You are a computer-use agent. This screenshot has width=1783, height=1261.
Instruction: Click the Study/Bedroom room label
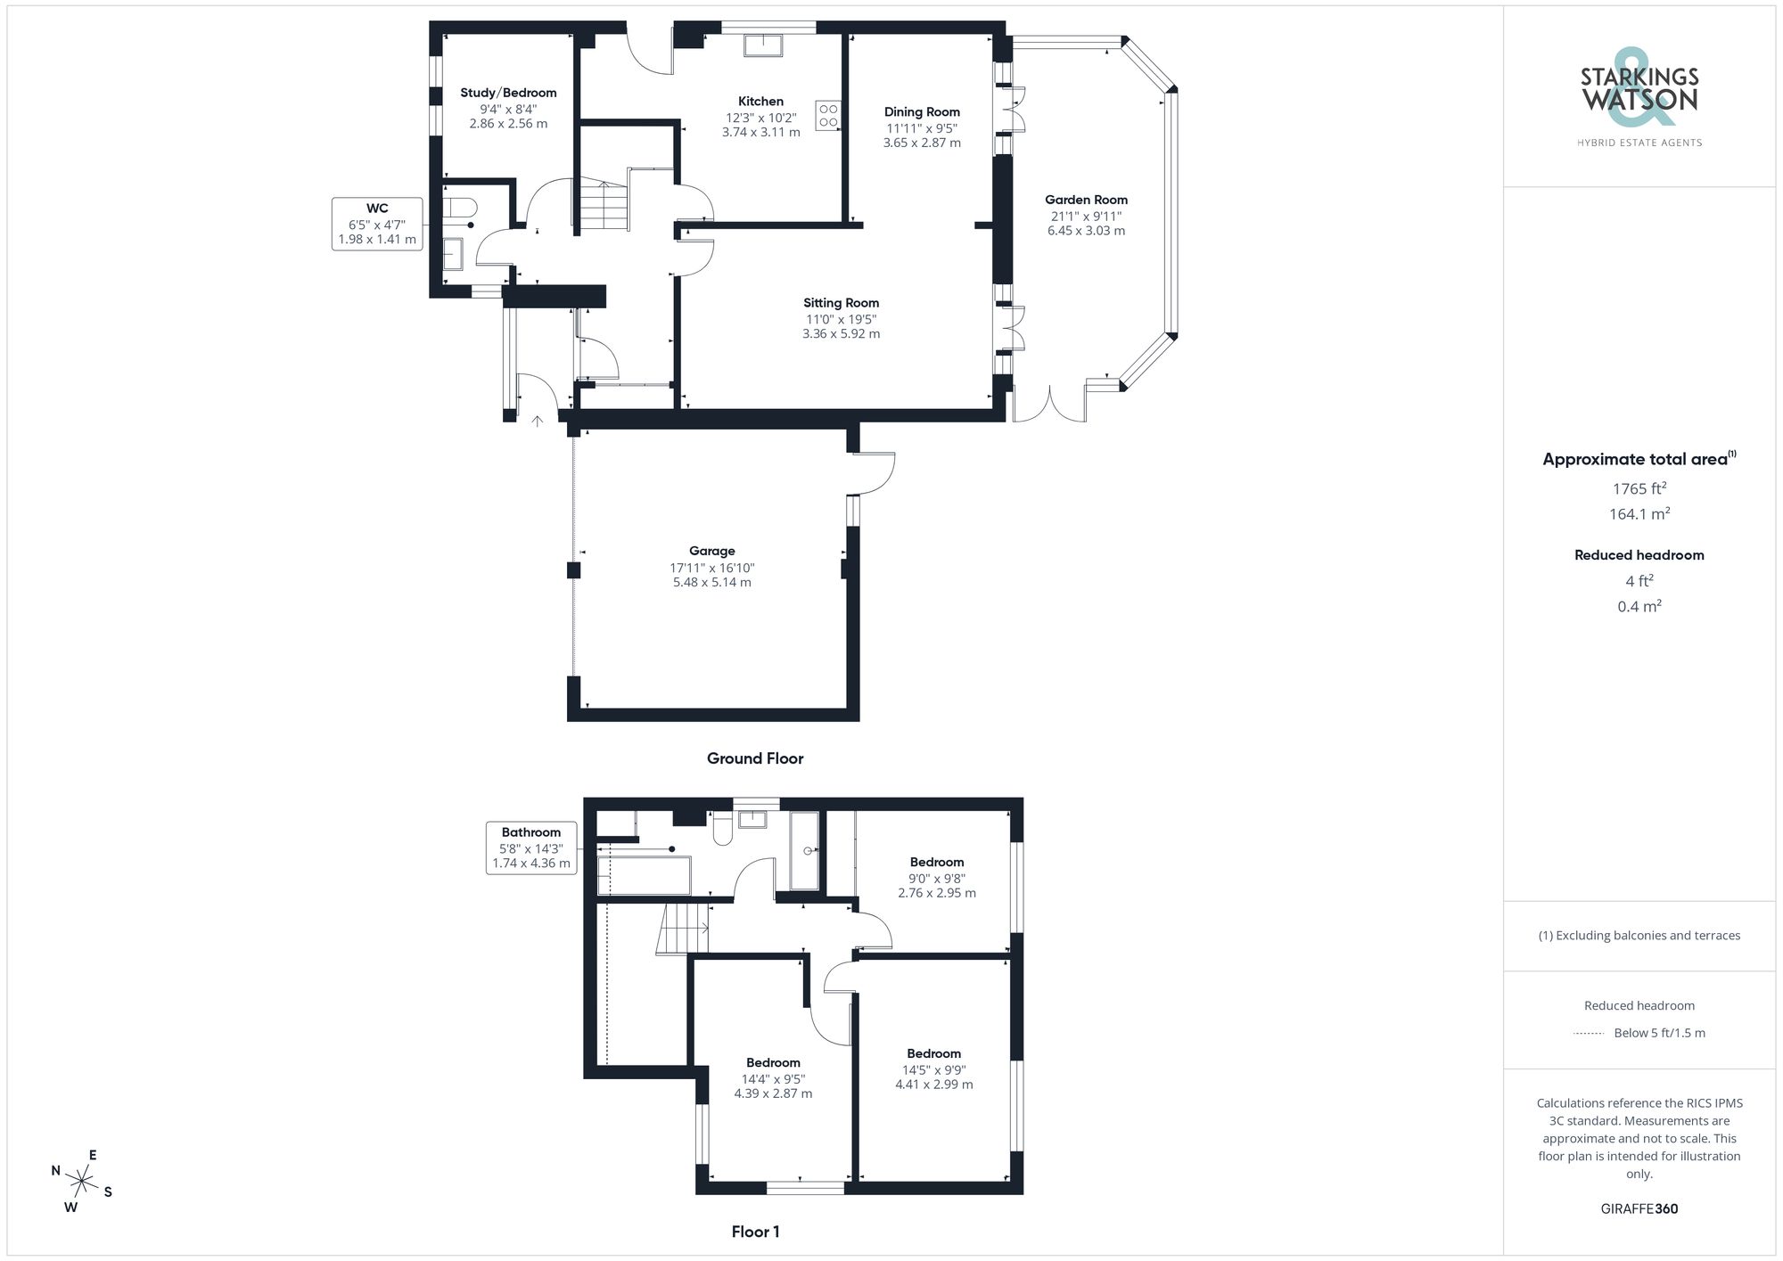tap(508, 93)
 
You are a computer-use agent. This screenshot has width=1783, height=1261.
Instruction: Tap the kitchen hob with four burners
tap(828, 116)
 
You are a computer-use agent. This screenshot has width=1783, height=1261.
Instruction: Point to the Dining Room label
tap(922, 112)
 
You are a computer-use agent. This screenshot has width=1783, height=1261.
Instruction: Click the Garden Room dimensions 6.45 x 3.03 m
tap(1086, 231)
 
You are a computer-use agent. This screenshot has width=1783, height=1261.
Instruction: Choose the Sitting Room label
tap(841, 303)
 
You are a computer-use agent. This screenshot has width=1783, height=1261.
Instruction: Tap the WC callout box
tap(377, 224)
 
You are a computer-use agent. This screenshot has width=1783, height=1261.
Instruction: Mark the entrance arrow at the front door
tap(538, 422)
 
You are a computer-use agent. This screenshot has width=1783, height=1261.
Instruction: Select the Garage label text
tap(711, 552)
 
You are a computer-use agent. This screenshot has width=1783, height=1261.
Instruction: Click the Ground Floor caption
tap(755, 758)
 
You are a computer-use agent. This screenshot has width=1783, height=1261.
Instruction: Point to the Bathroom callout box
tap(531, 847)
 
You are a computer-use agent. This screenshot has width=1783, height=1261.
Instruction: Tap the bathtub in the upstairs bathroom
tap(644, 875)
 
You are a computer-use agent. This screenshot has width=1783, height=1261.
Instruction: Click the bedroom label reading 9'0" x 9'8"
tap(937, 878)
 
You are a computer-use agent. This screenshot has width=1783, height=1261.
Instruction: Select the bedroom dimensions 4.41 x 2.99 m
tap(934, 1085)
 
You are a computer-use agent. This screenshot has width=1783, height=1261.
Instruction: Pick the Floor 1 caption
tap(755, 1232)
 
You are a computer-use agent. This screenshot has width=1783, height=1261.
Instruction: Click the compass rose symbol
tap(82, 1183)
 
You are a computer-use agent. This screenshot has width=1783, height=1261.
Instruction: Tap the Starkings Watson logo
tap(1639, 94)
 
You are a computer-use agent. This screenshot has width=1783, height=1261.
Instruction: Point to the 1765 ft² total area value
tap(1639, 488)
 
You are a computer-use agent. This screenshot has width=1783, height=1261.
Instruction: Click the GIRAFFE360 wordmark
tap(1639, 1209)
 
